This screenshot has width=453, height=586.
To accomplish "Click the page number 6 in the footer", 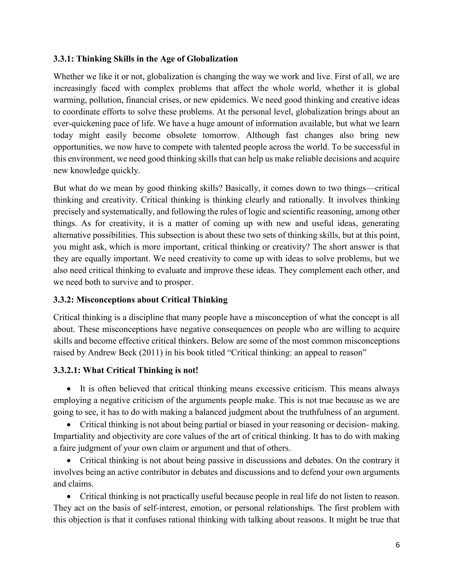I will point(397,545).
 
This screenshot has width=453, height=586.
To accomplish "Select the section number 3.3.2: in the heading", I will point(64,300).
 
